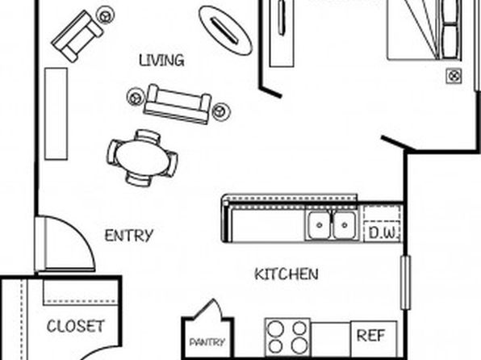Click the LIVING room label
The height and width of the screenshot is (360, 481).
click(x=161, y=61)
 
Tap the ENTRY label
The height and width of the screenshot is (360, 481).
click(x=129, y=236)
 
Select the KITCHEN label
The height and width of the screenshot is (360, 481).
click(x=287, y=274)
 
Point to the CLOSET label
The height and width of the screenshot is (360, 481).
click(x=76, y=326)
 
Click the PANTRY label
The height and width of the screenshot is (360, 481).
click(x=207, y=342)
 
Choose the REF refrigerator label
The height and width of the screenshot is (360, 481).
click(x=370, y=336)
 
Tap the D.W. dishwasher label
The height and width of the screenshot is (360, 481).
click(x=383, y=232)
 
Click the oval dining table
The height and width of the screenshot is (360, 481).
click(x=142, y=157)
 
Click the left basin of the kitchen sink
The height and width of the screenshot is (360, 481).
click(x=320, y=225)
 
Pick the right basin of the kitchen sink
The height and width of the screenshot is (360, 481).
click(x=345, y=225)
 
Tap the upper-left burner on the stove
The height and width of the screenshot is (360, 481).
click(x=275, y=328)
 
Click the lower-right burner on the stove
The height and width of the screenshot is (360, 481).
click(x=299, y=346)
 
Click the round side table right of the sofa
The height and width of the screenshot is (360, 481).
click(x=221, y=111)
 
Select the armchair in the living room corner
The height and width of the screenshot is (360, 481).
click(x=78, y=36)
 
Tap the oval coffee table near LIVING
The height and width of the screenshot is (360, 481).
click(x=225, y=31)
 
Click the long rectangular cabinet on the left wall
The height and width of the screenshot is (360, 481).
click(x=56, y=114)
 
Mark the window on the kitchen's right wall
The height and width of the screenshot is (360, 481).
click(x=405, y=283)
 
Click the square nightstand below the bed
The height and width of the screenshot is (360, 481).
click(x=454, y=76)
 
